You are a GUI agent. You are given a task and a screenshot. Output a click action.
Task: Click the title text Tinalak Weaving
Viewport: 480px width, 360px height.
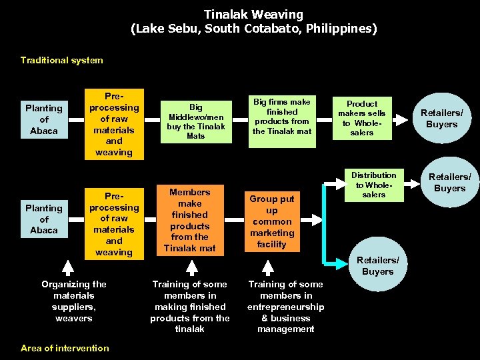pyautogui.click(x=253, y=14)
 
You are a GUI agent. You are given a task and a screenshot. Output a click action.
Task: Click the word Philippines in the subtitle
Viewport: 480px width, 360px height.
pyautogui.click(x=339, y=29)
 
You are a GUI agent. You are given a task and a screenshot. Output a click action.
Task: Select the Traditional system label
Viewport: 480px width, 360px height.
pyautogui.click(x=61, y=60)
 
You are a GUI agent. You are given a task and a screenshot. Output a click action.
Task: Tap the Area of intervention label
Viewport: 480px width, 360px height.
pyautogui.click(x=65, y=348)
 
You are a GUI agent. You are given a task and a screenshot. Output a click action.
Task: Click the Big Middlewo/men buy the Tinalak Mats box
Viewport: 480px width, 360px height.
pyautogui.click(x=196, y=121)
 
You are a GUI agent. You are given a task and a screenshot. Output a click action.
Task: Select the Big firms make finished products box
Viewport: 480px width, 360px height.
pyautogui.click(x=281, y=117)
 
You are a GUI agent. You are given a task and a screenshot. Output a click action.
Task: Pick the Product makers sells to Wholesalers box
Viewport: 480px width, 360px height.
pyautogui.click(x=362, y=119)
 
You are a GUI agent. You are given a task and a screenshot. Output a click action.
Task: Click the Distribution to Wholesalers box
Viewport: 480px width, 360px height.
pyautogui.click(x=374, y=185)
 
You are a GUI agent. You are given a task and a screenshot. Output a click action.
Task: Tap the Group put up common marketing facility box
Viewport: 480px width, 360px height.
pyautogui.click(x=272, y=221)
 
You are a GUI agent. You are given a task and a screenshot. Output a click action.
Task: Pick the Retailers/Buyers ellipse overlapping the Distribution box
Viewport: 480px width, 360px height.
pyautogui.click(x=449, y=183)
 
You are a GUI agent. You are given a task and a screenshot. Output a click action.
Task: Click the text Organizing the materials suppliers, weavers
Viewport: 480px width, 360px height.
pyautogui.click(x=74, y=301)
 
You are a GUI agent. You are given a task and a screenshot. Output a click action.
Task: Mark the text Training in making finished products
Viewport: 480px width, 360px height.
pyautogui.click(x=190, y=307)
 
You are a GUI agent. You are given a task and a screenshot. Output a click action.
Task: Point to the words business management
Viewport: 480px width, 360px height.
pyautogui.click(x=285, y=323)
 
